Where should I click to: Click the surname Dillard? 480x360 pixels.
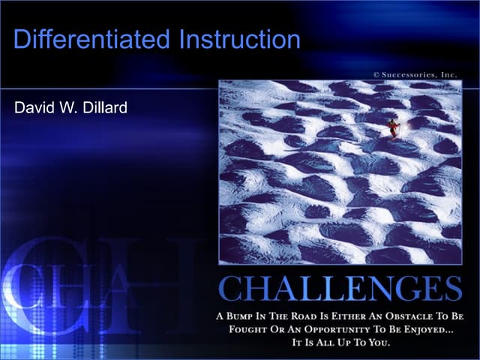pos(104,108)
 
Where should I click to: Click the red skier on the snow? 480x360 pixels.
pos(393,129)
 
